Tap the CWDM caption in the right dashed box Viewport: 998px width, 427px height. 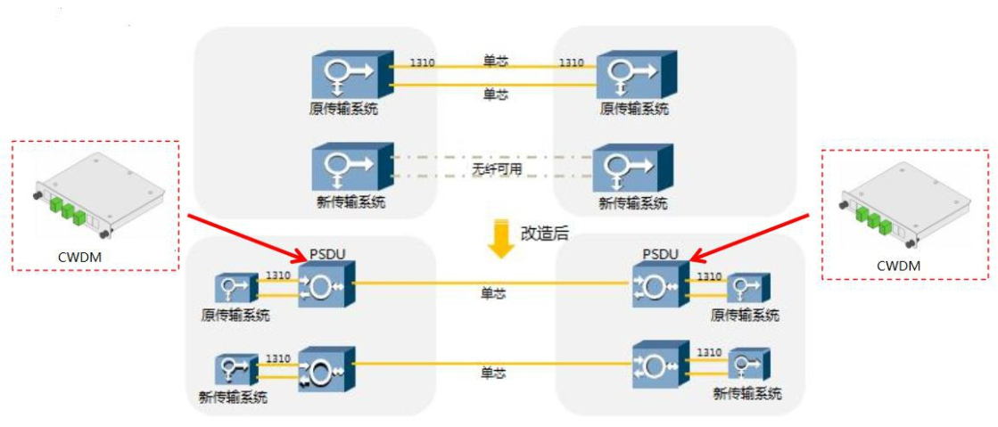898,265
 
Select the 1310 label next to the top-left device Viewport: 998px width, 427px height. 422,62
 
